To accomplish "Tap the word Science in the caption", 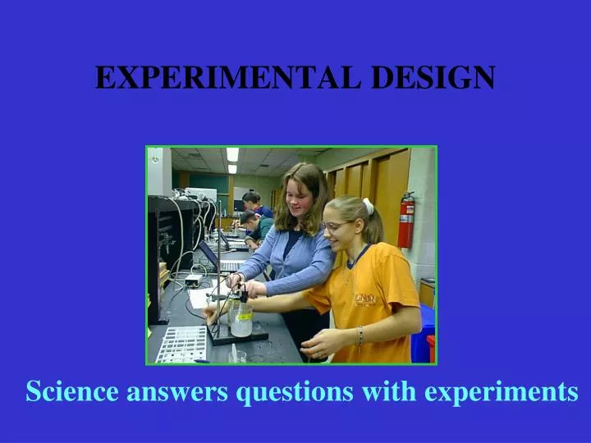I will click(x=71, y=392).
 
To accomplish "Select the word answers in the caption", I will click(x=176, y=392).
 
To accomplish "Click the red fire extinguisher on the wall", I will click(x=406, y=219).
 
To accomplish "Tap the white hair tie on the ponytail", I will click(x=369, y=207).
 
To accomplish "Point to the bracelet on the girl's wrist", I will click(x=360, y=336).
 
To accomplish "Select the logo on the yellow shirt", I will click(x=365, y=299).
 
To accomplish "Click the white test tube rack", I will click(x=182, y=344).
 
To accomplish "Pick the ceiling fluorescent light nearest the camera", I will click(x=232, y=154).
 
